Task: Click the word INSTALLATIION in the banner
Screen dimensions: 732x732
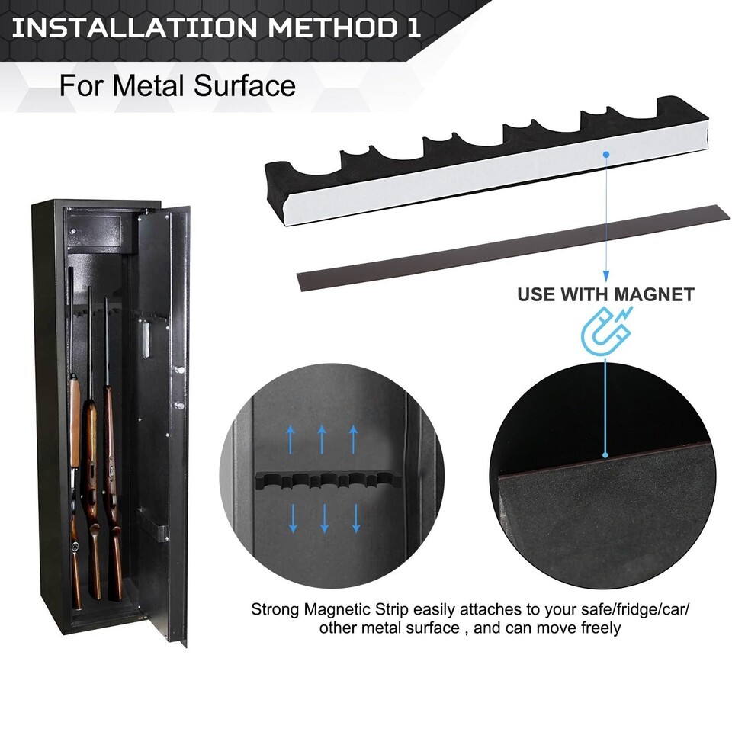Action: point(134,28)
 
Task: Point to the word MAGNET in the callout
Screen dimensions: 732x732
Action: point(653,294)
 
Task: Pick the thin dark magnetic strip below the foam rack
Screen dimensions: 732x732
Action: point(513,247)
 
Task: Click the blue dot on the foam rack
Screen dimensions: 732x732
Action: point(606,154)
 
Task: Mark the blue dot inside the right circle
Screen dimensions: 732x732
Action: point(605,454)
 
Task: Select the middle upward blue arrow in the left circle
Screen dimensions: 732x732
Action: point(322,439)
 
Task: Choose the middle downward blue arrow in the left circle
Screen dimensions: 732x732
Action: point(325,518)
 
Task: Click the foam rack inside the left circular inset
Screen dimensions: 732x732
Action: point(326,481)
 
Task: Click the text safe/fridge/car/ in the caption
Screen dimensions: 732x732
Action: point(635,609)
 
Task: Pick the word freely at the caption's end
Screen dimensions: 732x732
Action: point(601,628)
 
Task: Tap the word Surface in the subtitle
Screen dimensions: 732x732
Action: point(245,86)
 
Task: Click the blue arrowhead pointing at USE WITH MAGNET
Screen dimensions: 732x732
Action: point(606,276)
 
